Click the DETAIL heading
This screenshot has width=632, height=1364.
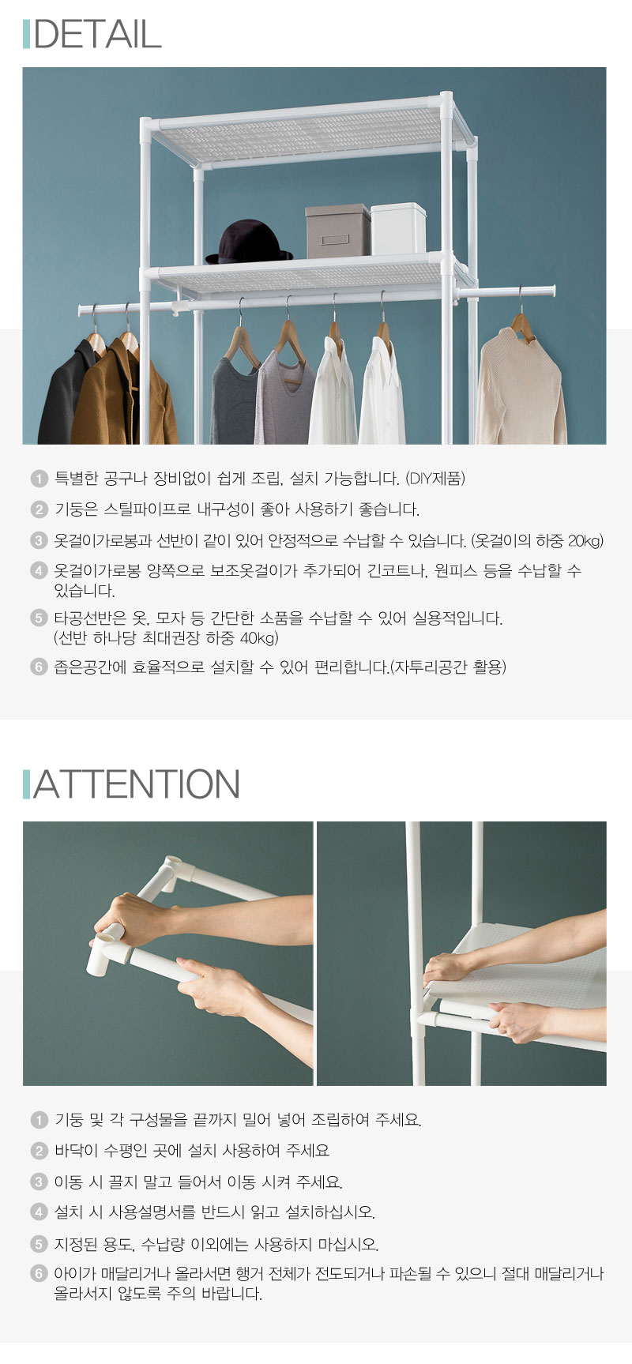(97, 34)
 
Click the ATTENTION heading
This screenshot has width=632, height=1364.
(136, 783)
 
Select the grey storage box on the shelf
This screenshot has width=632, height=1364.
(337, 231)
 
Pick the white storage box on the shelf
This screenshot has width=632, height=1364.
(398, 229)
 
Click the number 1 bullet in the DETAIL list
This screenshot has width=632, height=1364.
(39, 479)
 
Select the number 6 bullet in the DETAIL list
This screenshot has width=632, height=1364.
(39, 667)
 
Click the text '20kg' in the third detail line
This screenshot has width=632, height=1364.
(585, 541)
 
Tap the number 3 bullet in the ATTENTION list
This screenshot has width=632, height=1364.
(39, 1182)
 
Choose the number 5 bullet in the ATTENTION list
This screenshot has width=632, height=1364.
(39, 1245)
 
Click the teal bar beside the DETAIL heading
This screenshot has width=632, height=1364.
(26, 34)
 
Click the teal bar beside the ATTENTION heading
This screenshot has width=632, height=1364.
(26, 784)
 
